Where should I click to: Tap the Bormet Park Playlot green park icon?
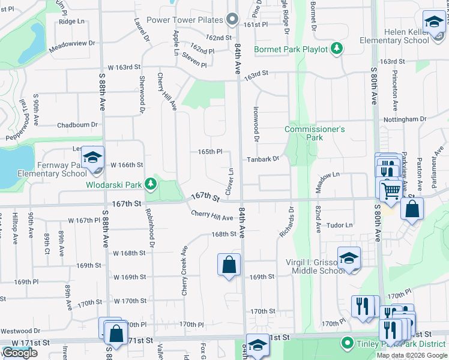pos(337,49)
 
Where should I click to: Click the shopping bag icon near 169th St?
pos(229,265)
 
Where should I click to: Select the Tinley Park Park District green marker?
pos(346,344)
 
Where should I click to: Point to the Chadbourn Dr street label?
pos(77,125)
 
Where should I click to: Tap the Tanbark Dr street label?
pos(263,160)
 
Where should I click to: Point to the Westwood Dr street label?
pos(20,331)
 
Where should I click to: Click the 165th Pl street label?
pos(211,152)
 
